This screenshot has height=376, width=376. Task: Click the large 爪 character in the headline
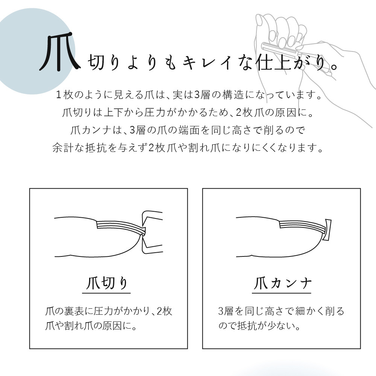pos(59,52)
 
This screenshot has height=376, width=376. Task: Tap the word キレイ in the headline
pos(207,62)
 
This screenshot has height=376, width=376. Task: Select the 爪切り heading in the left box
pos(106,283)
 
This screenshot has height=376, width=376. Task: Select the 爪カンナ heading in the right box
pos(282,283)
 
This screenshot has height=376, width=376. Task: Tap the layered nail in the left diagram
pos(121,227)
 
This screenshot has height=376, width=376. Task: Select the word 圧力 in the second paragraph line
pos(155,112)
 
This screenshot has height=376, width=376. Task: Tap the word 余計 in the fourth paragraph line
pos(63,148)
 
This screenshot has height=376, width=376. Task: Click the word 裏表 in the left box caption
pos(74,311)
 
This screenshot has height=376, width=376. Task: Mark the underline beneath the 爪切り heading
pos(106,293)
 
